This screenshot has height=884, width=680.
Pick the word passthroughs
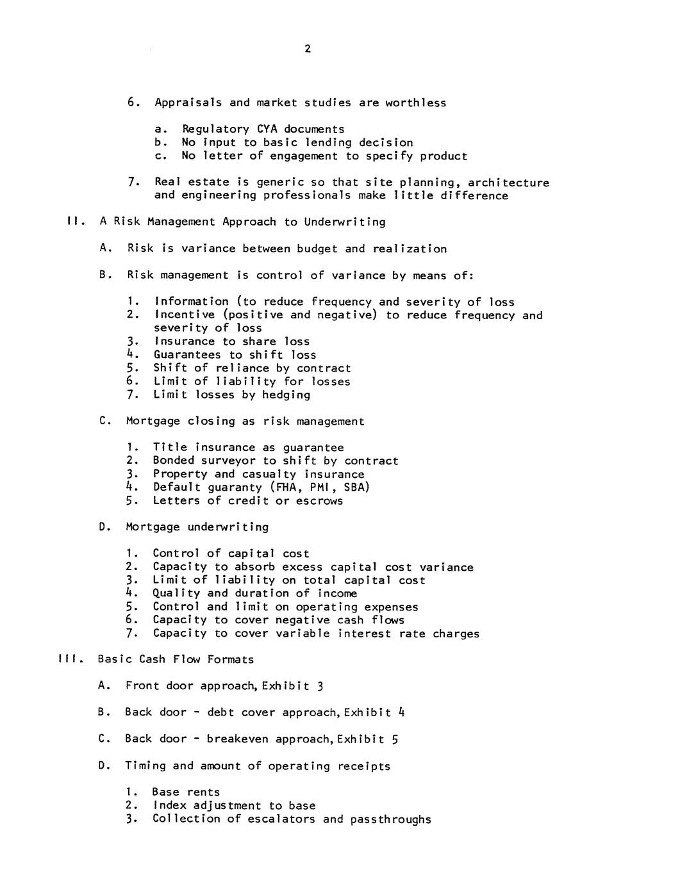[391, 819]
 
